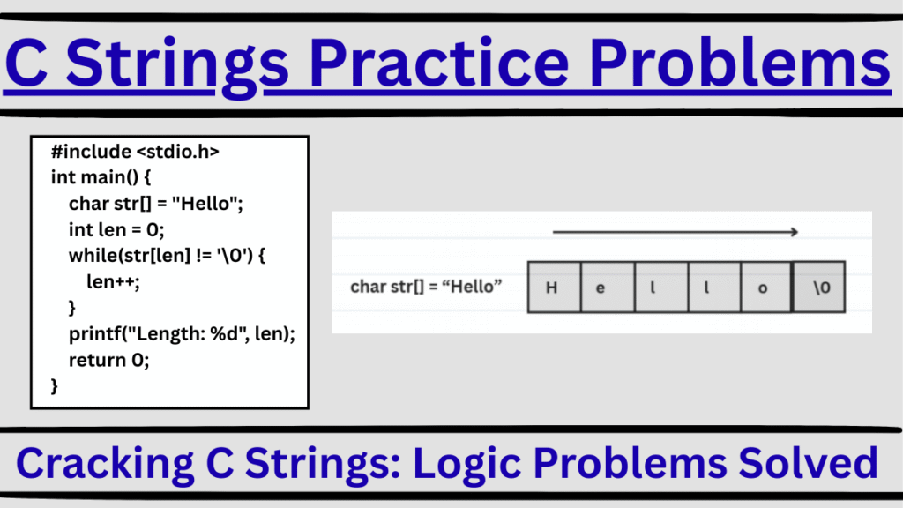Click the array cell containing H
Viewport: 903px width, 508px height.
(553, 287)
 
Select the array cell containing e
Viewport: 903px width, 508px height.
(601, 287)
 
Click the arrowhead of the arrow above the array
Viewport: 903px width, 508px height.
(794, 233)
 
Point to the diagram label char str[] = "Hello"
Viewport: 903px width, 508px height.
(426, 287)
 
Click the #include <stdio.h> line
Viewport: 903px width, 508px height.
(135, 153)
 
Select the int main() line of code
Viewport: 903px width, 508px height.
(102, 176)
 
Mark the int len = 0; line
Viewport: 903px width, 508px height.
(116, 229)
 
